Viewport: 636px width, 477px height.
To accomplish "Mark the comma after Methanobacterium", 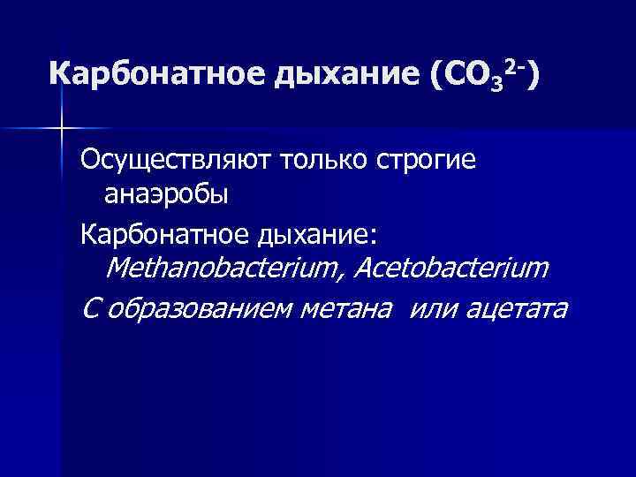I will [x=343, y=275].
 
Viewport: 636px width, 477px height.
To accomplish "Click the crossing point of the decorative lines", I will [x=61, y=129].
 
